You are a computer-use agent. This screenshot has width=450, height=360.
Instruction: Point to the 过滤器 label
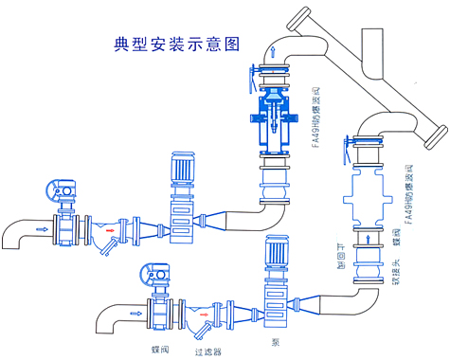(x=207, y=351)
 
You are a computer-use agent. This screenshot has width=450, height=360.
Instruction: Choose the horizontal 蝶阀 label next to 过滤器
(x=160, y=349)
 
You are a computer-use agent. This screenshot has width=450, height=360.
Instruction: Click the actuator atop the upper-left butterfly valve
(x=63, y=189)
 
